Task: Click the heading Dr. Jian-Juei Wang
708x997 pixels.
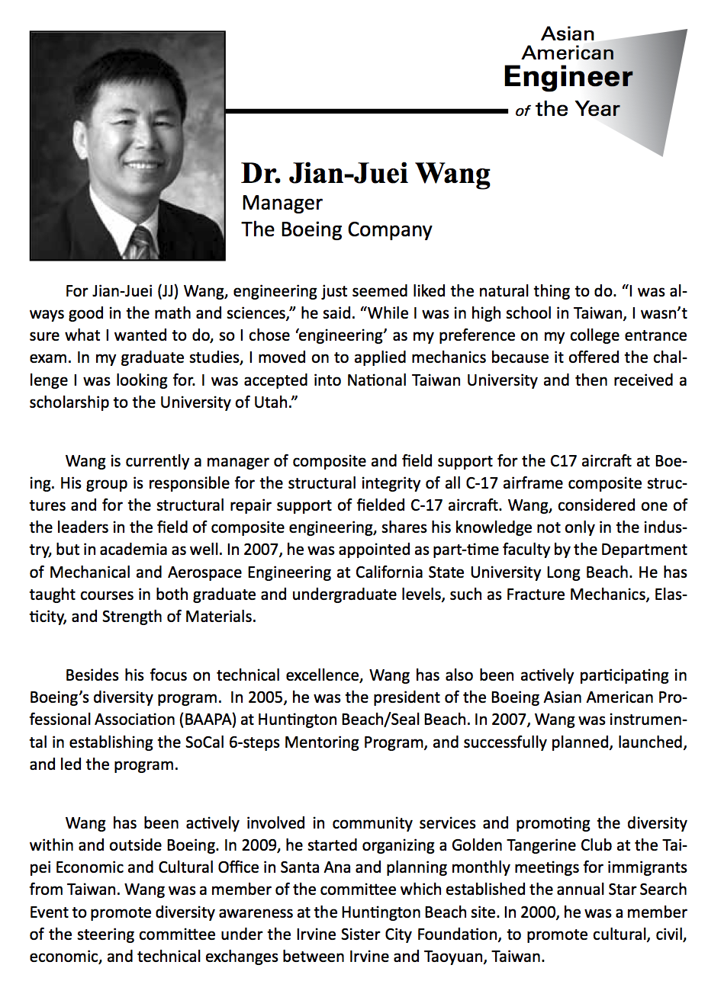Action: tap(365, 174)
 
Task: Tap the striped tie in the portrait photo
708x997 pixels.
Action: tap(141, 243)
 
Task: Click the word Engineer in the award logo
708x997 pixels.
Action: tap(568, 77)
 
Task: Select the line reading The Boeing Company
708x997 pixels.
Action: tap(336, 229)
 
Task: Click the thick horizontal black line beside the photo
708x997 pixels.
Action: tap(366, 111)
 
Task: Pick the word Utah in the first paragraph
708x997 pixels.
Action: tap(272, 402)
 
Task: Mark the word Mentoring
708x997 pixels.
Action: tap(321, 741)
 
